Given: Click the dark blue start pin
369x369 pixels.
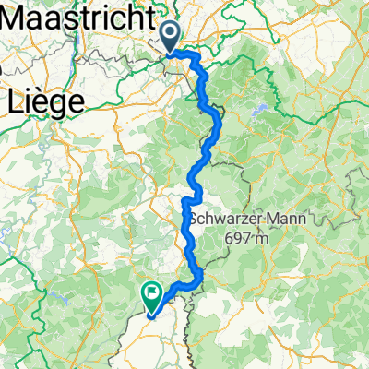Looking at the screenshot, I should pos(172,36).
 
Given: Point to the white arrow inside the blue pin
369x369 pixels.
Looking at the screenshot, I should pos(172,33).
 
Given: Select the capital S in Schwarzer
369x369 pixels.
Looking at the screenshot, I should pos(195,219).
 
